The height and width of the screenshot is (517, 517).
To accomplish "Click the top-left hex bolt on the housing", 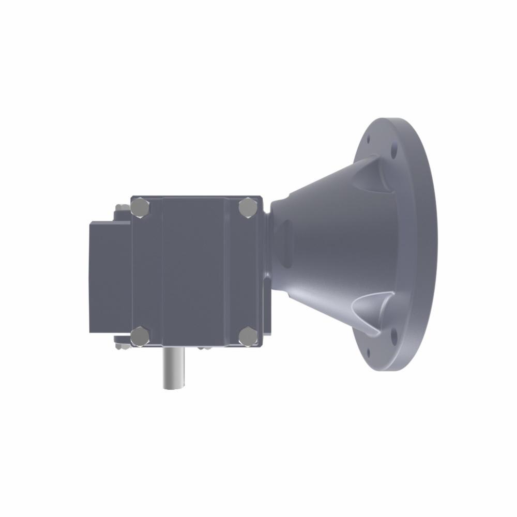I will [x=140, y=208].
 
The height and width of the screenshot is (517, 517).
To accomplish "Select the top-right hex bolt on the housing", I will [x=248, y=208].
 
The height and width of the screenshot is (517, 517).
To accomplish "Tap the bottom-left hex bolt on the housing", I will [x=140, y=336].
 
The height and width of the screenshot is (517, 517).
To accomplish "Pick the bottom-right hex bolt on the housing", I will [x=248, y=336].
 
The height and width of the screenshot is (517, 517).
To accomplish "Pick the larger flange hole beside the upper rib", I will [x=394, y=153].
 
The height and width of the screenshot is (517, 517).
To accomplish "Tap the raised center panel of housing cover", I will [x=194, y=271].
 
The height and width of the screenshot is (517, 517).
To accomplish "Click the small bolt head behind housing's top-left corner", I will [x=122, y=208].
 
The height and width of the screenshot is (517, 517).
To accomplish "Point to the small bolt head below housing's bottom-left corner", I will [x=122, y=345].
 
